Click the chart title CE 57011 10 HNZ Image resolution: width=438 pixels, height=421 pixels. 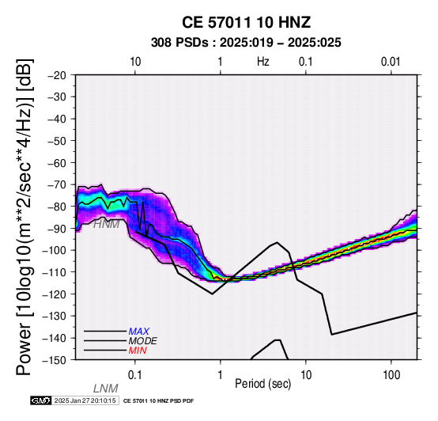click(x=246, y=22)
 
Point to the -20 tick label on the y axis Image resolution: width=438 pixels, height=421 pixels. click(x=57, y=75)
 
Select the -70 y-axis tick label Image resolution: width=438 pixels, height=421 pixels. click(x=57, y=185)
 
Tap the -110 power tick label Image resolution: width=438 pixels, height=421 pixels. click(x=55, y=272)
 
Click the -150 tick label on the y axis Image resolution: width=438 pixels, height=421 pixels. click(x=55, y=360)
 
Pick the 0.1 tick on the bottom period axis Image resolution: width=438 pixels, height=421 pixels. click(x=135, y=375)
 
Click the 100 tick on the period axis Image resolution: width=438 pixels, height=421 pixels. click(x=391, y=375)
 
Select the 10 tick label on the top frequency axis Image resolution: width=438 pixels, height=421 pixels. click(x=135, y=62)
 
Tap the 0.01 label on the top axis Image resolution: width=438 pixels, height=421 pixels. click(x=391, y=62)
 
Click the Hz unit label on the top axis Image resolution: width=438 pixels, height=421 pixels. click(x=262, y=62)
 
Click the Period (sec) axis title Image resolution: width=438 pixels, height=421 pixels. click(x=262, y=384)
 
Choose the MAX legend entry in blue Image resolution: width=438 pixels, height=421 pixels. click(x=139, y=332)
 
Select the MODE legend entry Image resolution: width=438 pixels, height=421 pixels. click(x=143, y=341)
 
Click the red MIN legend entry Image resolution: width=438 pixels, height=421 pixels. click(x=138, y=351)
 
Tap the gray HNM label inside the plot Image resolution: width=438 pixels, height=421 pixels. click(x=107, y=224)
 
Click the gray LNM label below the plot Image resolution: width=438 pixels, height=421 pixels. click(x=106, y=389)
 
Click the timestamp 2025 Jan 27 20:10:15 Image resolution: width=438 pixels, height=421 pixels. click(x=85, y=400)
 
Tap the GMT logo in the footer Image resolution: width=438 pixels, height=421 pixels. click(x=41, y=400)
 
